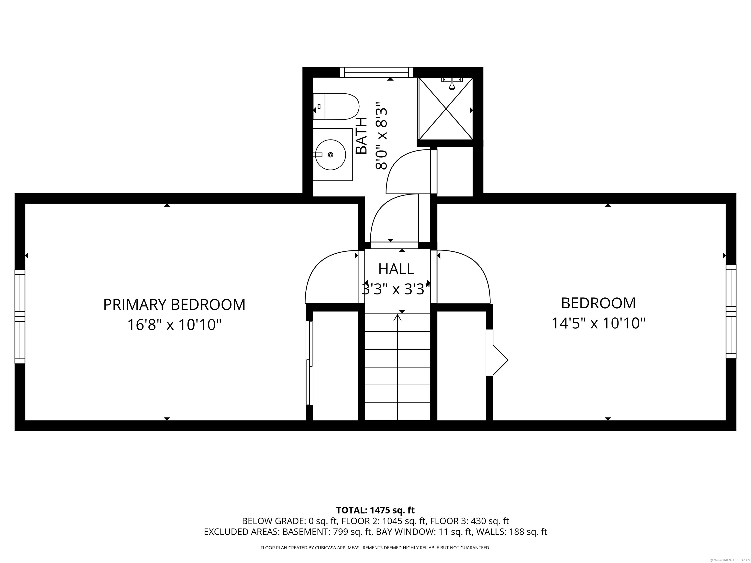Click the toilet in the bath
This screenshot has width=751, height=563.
point(336,107)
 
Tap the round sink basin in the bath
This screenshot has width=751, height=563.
point(331,154)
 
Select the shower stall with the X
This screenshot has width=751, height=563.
point(445,108)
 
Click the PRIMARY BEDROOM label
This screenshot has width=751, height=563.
point(174,304)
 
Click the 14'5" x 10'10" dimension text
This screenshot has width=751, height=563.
point(598,323)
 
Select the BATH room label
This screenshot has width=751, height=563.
point(362,136)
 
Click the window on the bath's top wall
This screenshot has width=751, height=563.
point(376,72)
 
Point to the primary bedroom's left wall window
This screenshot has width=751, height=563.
point(20,316)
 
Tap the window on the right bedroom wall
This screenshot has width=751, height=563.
point(731,312)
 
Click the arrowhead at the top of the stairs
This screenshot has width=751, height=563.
point(397,318)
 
